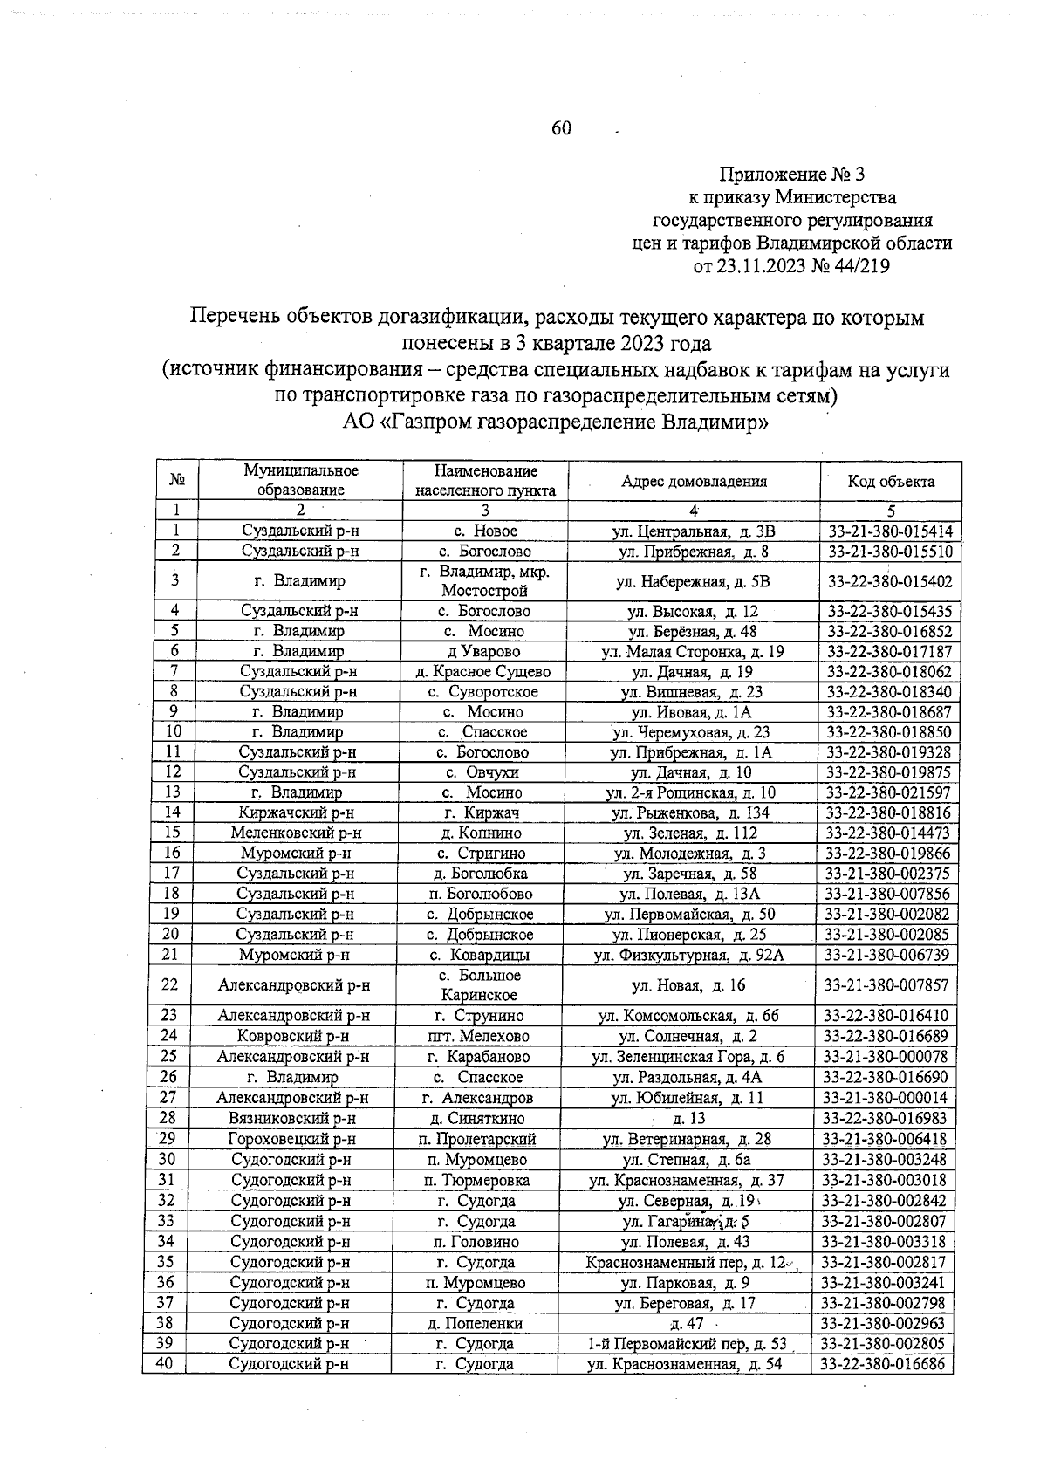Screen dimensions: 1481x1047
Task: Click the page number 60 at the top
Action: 560,128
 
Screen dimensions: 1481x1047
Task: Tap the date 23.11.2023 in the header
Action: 761,266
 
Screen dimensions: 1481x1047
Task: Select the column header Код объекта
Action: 891,481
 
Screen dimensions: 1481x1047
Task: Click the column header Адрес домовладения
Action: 694,481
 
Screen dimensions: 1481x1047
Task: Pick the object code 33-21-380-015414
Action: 890,531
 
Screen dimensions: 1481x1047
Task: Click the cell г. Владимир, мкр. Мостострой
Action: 485,580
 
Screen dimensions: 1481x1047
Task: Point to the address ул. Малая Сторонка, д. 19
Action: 693,651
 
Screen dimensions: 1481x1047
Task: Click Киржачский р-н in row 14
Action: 298,812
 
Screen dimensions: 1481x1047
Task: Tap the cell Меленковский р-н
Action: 296,833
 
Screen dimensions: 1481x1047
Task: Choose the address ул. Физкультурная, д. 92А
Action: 688,955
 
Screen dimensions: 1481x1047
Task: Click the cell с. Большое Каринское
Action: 479,984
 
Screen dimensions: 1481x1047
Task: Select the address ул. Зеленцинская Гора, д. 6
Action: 688,1056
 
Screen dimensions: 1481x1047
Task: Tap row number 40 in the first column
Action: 167,1363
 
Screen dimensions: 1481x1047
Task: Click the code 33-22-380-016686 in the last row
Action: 884,1364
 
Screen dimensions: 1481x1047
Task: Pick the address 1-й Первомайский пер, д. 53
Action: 687,1343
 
